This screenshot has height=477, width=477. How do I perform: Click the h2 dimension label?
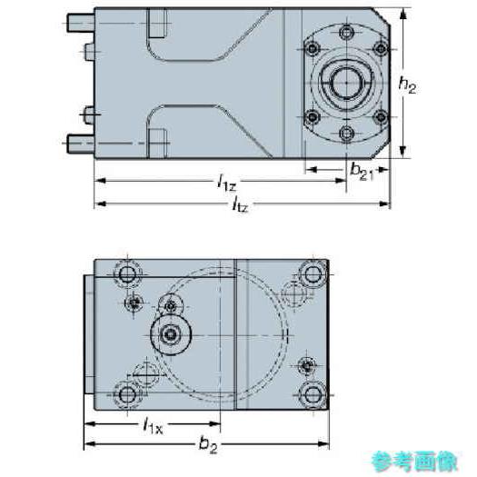pyautogui.click(x=407, y=84)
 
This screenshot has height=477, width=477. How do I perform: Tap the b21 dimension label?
pyautogui.click(x=362, y=172)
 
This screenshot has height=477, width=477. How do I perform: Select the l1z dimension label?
pyautogui.click(x=226, y=184)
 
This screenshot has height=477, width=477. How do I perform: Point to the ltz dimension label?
pyautogui.click(x=240, y=206)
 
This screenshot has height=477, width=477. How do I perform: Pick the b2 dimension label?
pyautogui.click(x=208, y=445)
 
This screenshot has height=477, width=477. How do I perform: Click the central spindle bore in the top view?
pyautogui.click(x=346, y=82)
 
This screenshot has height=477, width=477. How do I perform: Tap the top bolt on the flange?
pyautogui.click(x=346, y=32)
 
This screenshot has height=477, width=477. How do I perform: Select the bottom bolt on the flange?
pyautogui.click(x=346, y=133)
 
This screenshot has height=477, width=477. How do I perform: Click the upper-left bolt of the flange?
pyautogui.click(x=313, y=49)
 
